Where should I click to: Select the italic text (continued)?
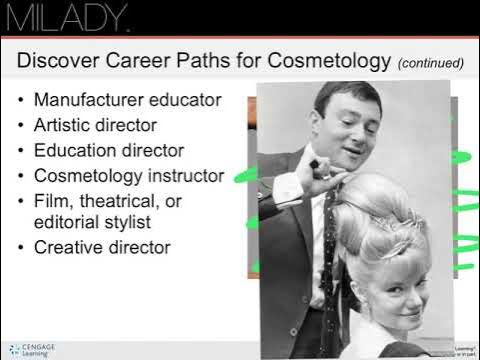431,63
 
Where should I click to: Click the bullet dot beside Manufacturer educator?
23,101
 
